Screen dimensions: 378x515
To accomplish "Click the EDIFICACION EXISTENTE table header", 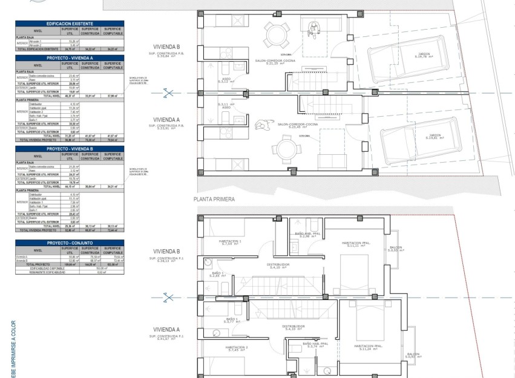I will [70, 23].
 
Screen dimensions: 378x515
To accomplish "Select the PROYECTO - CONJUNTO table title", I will [70, 243].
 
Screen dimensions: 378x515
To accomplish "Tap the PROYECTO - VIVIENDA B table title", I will [70, 148].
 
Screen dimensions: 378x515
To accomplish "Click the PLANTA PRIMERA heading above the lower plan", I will [214, 198].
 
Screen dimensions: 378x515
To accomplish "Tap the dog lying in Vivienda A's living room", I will [262, 125].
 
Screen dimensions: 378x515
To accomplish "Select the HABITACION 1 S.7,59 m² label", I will [230, 243].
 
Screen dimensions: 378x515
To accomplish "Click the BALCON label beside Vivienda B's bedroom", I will [395, 248].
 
